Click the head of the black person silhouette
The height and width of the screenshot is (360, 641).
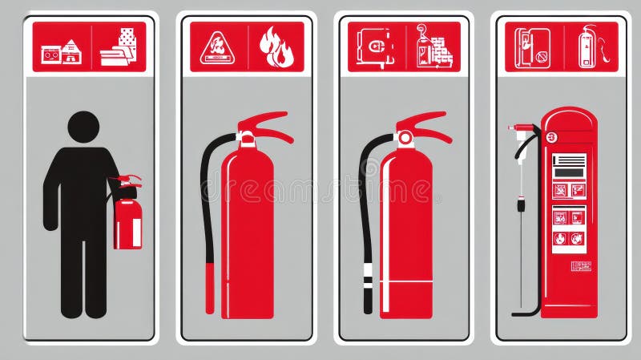coord(83,127)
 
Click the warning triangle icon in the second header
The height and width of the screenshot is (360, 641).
coord(217,47)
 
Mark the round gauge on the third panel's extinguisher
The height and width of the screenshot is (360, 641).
coord(405,139)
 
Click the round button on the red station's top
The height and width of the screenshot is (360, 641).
coord(550,137)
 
